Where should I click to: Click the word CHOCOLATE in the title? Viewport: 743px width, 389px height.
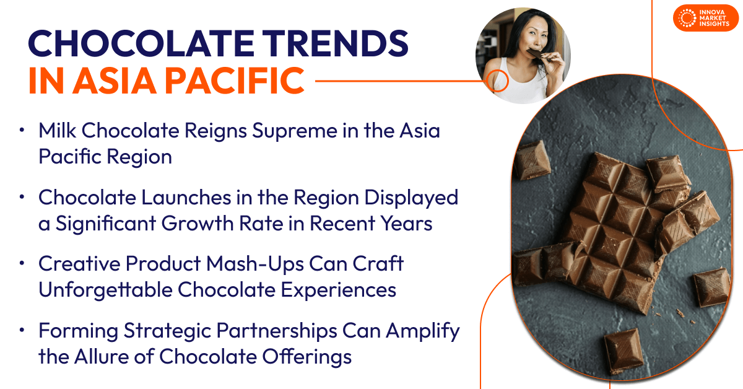coord(141,44)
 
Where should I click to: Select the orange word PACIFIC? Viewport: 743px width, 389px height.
coord(235,81)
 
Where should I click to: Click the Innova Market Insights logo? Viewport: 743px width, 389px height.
coord(705,18)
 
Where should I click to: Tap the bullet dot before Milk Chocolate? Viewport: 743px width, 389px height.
coord(22,130)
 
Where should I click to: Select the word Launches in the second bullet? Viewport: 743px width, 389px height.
coord(186,198)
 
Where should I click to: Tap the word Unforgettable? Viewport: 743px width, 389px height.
coord(105,290)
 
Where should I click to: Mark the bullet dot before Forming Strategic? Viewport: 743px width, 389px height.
coord(22,330)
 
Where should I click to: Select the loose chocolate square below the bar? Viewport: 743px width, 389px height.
coord(624,351)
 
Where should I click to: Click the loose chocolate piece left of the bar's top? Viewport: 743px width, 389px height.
coord(533,160)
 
